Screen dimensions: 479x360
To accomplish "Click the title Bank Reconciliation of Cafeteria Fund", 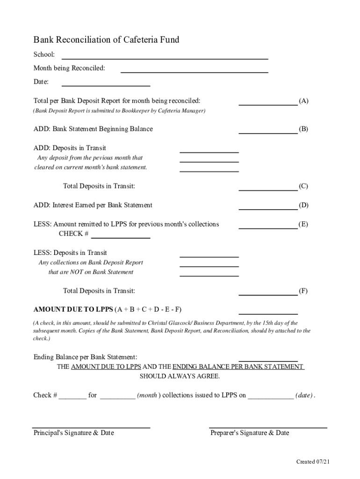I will click(x=106, y=40).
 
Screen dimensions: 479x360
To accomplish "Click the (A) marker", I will click(x=303, y=101).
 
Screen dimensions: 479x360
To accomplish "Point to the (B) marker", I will click(x=303, y=129).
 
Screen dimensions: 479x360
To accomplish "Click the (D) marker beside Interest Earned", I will click(x=303, y=205).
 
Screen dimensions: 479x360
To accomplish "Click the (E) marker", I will click(x=303, y=225).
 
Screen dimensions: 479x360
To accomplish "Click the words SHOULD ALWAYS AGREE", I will click(x=180, y=377).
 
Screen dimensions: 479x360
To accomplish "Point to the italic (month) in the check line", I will click(x=147, y=395).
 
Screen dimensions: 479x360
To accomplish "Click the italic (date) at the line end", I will click(x=304, y=395).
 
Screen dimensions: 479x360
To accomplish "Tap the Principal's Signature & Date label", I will click(x=73, y=433).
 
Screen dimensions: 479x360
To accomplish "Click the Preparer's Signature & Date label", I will click(x=250, y=433).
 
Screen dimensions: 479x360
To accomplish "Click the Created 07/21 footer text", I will click(x=313, y=462).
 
